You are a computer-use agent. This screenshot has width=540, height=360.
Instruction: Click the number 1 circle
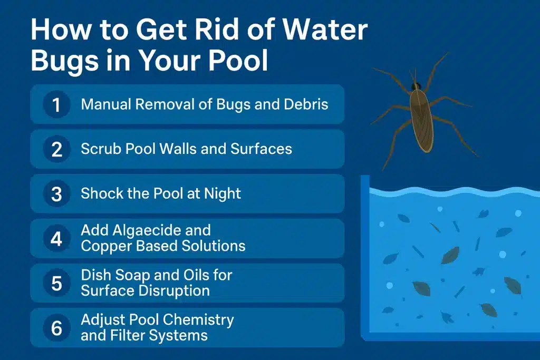point(56,104)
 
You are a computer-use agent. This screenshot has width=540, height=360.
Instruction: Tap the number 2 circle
point(56,149)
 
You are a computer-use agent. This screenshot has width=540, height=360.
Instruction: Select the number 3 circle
point(56,194)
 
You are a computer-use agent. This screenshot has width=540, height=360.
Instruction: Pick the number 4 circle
point(56,238)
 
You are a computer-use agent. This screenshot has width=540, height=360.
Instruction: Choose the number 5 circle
point(56,283)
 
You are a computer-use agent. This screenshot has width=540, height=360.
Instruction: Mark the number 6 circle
point(56,328)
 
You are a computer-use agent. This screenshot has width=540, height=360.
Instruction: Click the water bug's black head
point(417,85)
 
